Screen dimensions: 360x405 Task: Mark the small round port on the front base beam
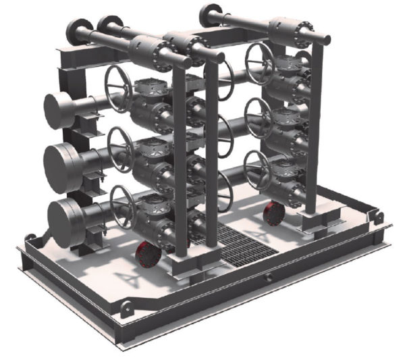pyautogui.click(x=268, y=277)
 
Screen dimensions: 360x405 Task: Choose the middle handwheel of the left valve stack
pyautogui.click(x=123, y=149)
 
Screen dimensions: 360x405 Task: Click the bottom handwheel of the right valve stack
pyautogui.click(x=257, y=169)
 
